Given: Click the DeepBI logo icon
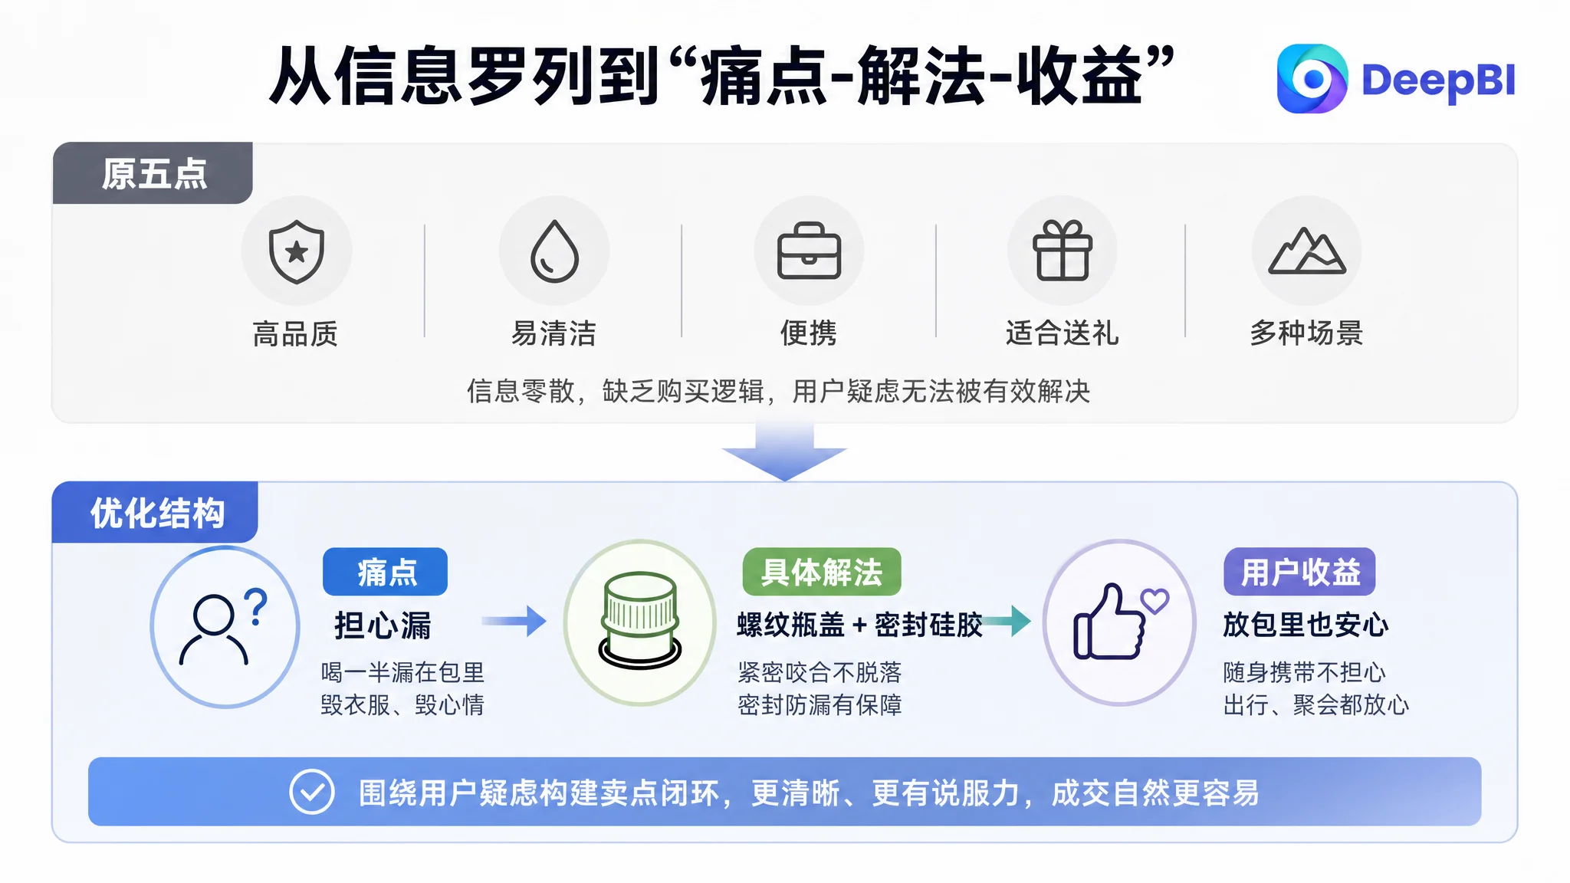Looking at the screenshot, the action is tap(1312, 79).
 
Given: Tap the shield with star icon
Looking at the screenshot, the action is tap(297, 251).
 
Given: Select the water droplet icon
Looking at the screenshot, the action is tap(554, 251).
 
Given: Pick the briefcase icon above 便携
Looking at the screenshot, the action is tap(809, 251).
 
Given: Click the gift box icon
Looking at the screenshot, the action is tap(1063, 250).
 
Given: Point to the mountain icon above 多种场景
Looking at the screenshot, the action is tap(1307, 251).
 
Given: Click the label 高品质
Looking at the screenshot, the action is tap(295, 334).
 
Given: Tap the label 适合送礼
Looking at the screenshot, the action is tap(1063, 333).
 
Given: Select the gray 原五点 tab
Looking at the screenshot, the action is tap(153, 173).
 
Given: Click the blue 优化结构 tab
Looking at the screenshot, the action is tap(155, 513).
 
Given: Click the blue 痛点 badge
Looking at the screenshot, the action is tap(385, 572).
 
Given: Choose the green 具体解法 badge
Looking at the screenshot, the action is tap(822, 572).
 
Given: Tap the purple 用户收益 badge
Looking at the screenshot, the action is tap(1299, 572).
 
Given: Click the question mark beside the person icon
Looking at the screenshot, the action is tap(256, 606).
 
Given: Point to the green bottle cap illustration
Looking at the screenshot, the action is tap(640, 621).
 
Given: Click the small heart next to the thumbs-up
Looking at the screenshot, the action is tap(1155, 601).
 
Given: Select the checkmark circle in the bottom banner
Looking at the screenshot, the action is tap(312, 792).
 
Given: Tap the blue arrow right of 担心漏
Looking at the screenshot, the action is tap(514, 621).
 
